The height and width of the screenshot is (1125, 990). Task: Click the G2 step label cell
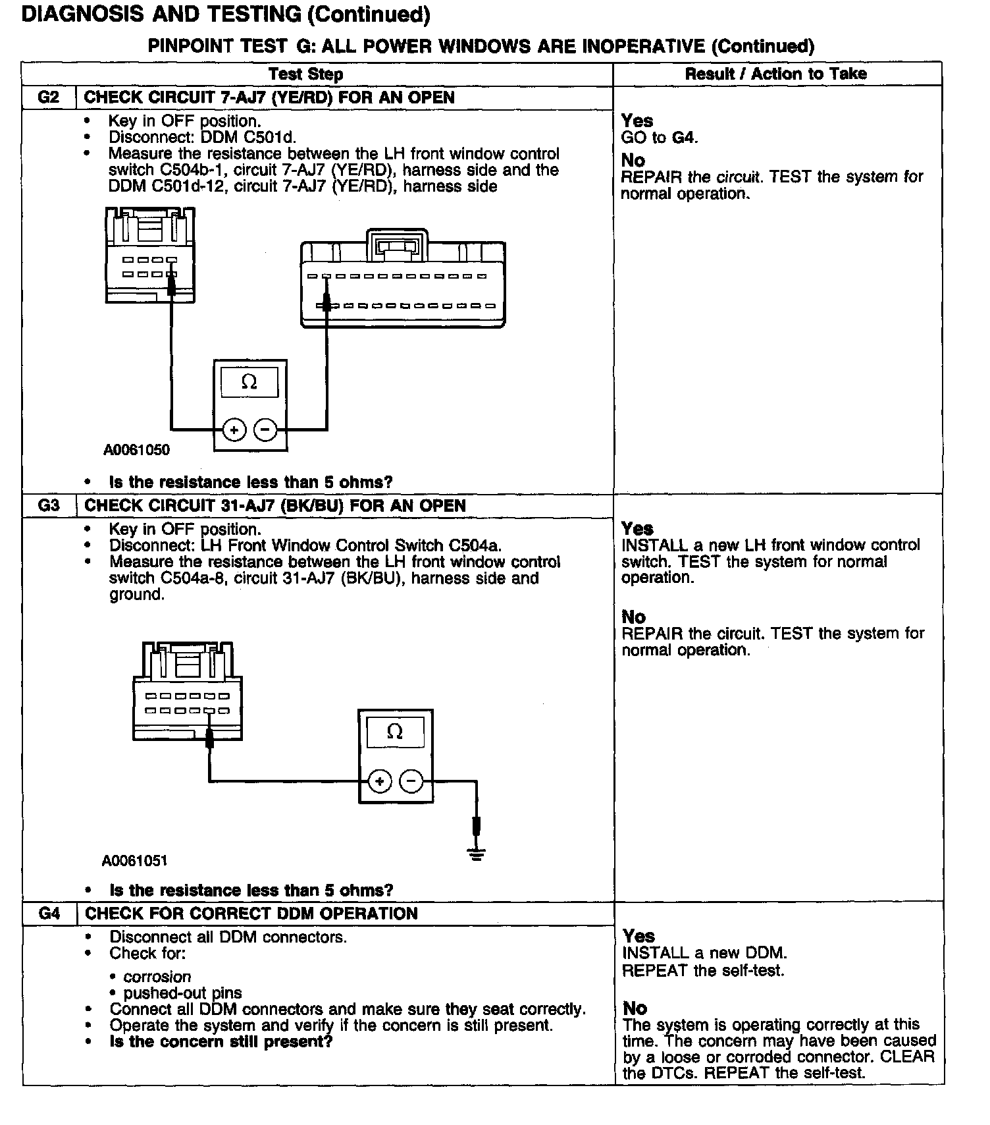click(x=49, y=97)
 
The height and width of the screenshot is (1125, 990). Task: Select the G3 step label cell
click(x=49, y=506)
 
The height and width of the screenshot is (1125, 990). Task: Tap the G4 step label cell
click(x=50, y=914)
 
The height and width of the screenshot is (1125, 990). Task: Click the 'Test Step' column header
click(x=306, y=74)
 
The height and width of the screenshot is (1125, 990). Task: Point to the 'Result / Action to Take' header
click(x=776, y=74)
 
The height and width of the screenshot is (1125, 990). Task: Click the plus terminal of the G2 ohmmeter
click(x=234, y=430)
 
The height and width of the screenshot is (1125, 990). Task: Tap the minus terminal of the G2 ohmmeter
click(x=265, y=430)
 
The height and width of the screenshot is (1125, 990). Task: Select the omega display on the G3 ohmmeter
click(x=395, y=732)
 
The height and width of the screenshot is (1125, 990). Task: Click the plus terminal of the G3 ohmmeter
click(x=379, y=782)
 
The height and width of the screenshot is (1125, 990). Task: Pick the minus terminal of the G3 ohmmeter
click(x=411, y=782)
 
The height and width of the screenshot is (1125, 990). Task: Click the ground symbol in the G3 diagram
click(x=477, y=854)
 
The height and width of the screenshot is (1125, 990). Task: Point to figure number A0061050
click(x=136, y=450)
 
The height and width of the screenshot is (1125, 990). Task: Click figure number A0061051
click(x=135, y=861)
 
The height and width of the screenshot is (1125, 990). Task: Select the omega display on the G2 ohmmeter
click(x=249, y=382)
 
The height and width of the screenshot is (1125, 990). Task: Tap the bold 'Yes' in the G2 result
click(x=637, y=121)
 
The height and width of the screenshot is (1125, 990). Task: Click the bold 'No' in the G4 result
click(x=635, y=1008)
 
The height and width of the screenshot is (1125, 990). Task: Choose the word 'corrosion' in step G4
click(x=157, y=977)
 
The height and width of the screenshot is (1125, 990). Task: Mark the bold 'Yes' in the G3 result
click(x=637, y=529)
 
